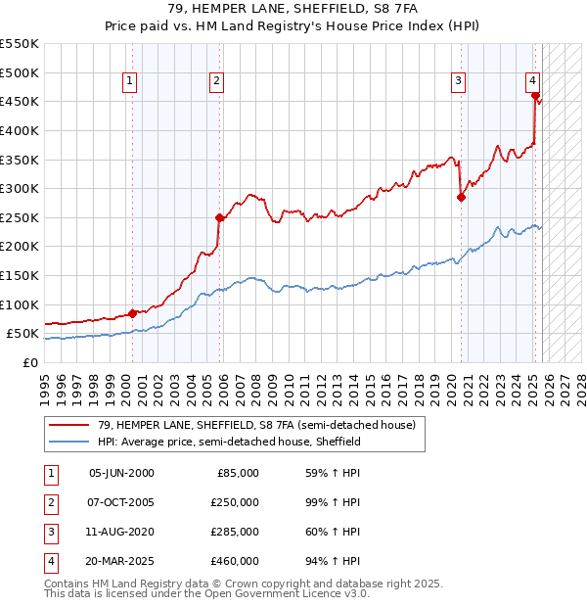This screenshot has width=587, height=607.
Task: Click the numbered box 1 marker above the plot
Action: coord(131,81)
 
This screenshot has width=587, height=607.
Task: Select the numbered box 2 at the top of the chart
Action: coord(216,81)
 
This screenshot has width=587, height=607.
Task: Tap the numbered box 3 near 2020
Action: coord(458,81)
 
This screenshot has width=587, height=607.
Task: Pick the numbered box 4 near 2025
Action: coord(532,81)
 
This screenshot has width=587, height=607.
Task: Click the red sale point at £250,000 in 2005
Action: coord(219,217)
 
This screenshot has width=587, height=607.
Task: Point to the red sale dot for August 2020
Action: coord(461,197)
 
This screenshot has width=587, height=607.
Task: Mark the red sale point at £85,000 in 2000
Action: coord(133,313)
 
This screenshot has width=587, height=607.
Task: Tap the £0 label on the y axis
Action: coord(29,362)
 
